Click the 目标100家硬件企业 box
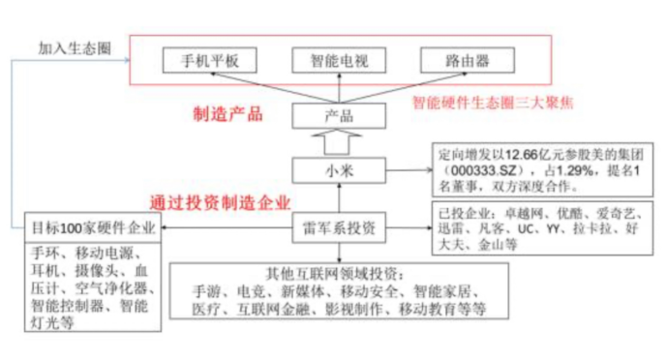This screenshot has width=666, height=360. (94, 228)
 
